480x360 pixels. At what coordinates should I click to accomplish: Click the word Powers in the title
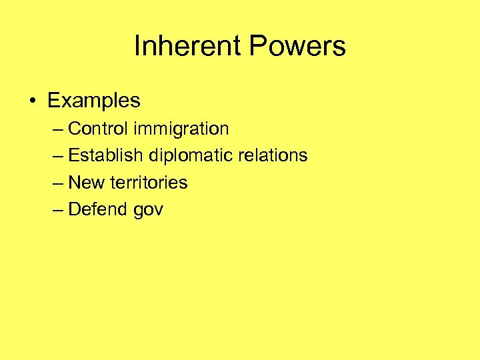tap(298, 47)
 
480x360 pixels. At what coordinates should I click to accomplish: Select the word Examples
tap(94, 101)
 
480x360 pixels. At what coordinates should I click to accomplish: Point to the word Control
tap(101, 128)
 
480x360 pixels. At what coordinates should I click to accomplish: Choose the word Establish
tap(106, 155)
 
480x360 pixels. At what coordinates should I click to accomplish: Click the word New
tap(87, 183)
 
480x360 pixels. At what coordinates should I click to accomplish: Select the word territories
tap(149, 183)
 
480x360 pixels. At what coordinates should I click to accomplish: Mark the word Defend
tap(98, 209)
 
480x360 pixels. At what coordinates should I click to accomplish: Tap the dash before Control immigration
tap(57, 129)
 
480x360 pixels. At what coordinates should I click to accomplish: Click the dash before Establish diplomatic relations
tap(57, 156)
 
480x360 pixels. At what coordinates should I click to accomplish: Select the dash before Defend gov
tap(57, 210)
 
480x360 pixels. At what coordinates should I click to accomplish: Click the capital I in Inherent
tap(137, 47)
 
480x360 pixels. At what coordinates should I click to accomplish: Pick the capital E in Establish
tap(74, 155)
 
